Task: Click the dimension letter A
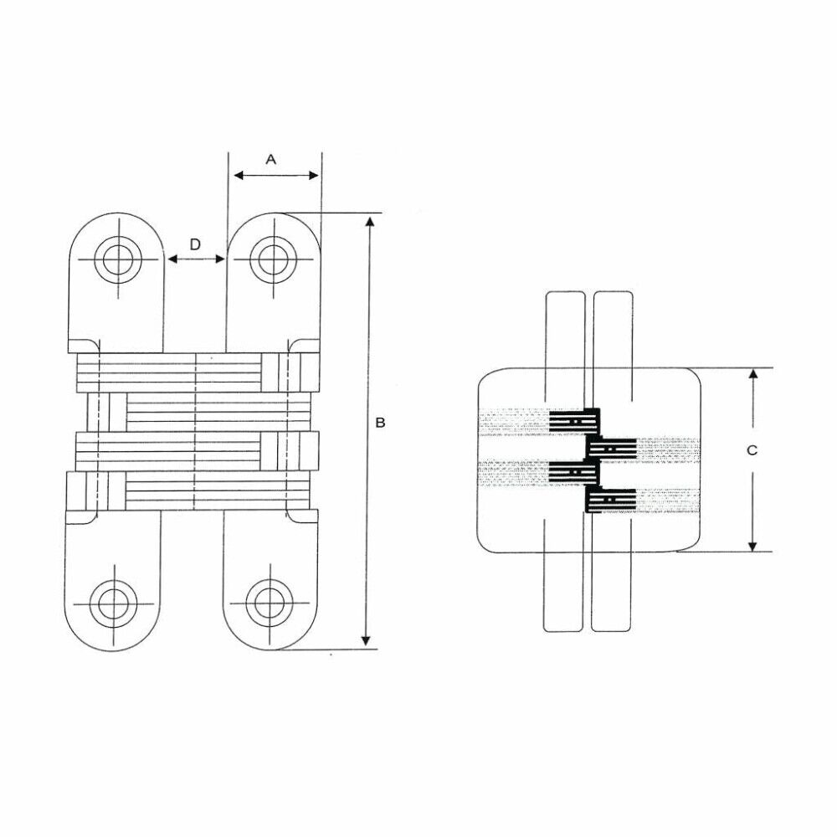[270, 158]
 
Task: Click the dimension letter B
[380, 423]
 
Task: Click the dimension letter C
[752, 449]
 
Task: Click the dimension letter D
[194, 244]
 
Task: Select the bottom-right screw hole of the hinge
[268, 601]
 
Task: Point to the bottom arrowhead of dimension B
[366, 640]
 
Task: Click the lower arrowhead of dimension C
[752, 546]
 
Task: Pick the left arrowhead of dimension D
[172, 259]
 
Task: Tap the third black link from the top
[576, 473]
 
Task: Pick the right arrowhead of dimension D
[221, 259]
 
